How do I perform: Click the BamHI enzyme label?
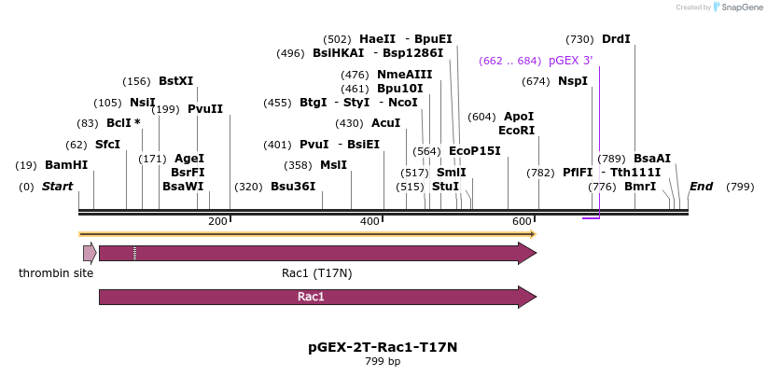pyautogui.click(x=66, y=165)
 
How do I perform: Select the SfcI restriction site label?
pyautogui.click(x=107, y=145)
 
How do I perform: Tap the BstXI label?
pyautogui.click(x=175, y=81)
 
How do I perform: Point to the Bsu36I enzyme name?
pyautogui.click(x=293, y=187)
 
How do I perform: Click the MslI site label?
pyautogui.click(x=333, y=165)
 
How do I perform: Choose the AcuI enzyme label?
pyautogui.click(x=385, y=123)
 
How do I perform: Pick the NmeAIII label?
pyautogui.click(x=405, y=75)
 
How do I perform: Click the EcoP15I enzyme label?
pyautogui.click(x=475, y=151)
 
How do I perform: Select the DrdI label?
pyautogui.click(x=616, y=39)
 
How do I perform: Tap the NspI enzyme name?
pyautogui.click(x=573, y=81)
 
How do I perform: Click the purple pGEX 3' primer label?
pyautogui.click(x=571, y=61)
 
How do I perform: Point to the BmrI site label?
pyautogui.click(x=640, y=187)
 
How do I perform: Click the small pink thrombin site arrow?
pyautogui.click(x=90, y=253)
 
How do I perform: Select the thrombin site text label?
pyautogui.click(x=56, y=273)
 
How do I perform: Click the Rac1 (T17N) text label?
pyautogui.click(x=316, y=273)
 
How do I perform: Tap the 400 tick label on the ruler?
pyautogui.click(x=370, y=221)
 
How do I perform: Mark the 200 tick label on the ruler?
pyautogui.click(x=217, y=221)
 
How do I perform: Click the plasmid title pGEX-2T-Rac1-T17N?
pyautogui.click(x=383, y=347)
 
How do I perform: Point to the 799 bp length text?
pyautogui.click(x=383, y=362)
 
